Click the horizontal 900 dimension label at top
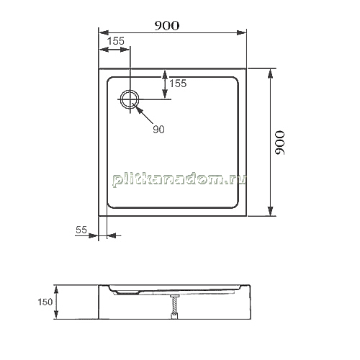pyautogui.click(x=167, y=26)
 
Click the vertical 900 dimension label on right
pyautogui.click(x=280, y=143)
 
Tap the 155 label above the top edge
pyautogui.click(x=116, y=41)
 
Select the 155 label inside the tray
pyautogui.click(x=178, y=84)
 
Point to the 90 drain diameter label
pyautogui.click(x=158, y=130)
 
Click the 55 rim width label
pyautogui.click(x=81, y=230)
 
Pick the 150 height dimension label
pyautogui.click(x=45, y=302)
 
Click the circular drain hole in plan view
pyautogui.click(x=130, y=99)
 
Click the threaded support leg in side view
pyautogui.click(x=174, y=307)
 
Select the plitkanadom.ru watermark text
pyautogui.click(x=179, y=179)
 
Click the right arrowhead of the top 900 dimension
pyautogui.click(x=241, y=33)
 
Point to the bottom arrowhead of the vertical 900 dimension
pyautogui.click(x=271, y=211)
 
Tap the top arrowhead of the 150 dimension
pyautogui.click(x=56, y=290)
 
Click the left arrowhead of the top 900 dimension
pyautogui.click(x=104, y=33)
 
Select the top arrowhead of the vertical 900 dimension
pyautogui.click(x=271, y=73)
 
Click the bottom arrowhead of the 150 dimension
pyautogui.click(x=56, y=314)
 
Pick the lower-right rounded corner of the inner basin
pyautogui.click(x=236, y=205)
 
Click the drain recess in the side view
pyautogui.click(x=127, y=292)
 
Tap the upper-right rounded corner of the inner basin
pyautogui.click(x=236, y=79)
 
